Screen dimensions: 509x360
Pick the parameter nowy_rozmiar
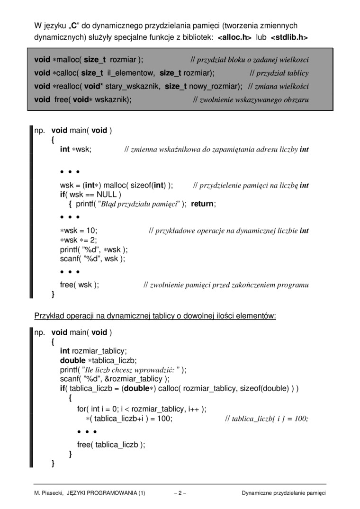click(212, 86)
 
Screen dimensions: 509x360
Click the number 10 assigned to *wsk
click(90, 231)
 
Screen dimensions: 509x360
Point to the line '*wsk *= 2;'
click(78, 240)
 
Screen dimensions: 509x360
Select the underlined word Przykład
click(48, 315)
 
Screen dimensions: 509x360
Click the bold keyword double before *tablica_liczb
click(73, 360)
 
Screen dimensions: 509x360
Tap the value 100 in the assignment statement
click(164, 419)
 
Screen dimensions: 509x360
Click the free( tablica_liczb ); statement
click(111, 444)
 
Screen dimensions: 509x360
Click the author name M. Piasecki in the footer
click(49, 493)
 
